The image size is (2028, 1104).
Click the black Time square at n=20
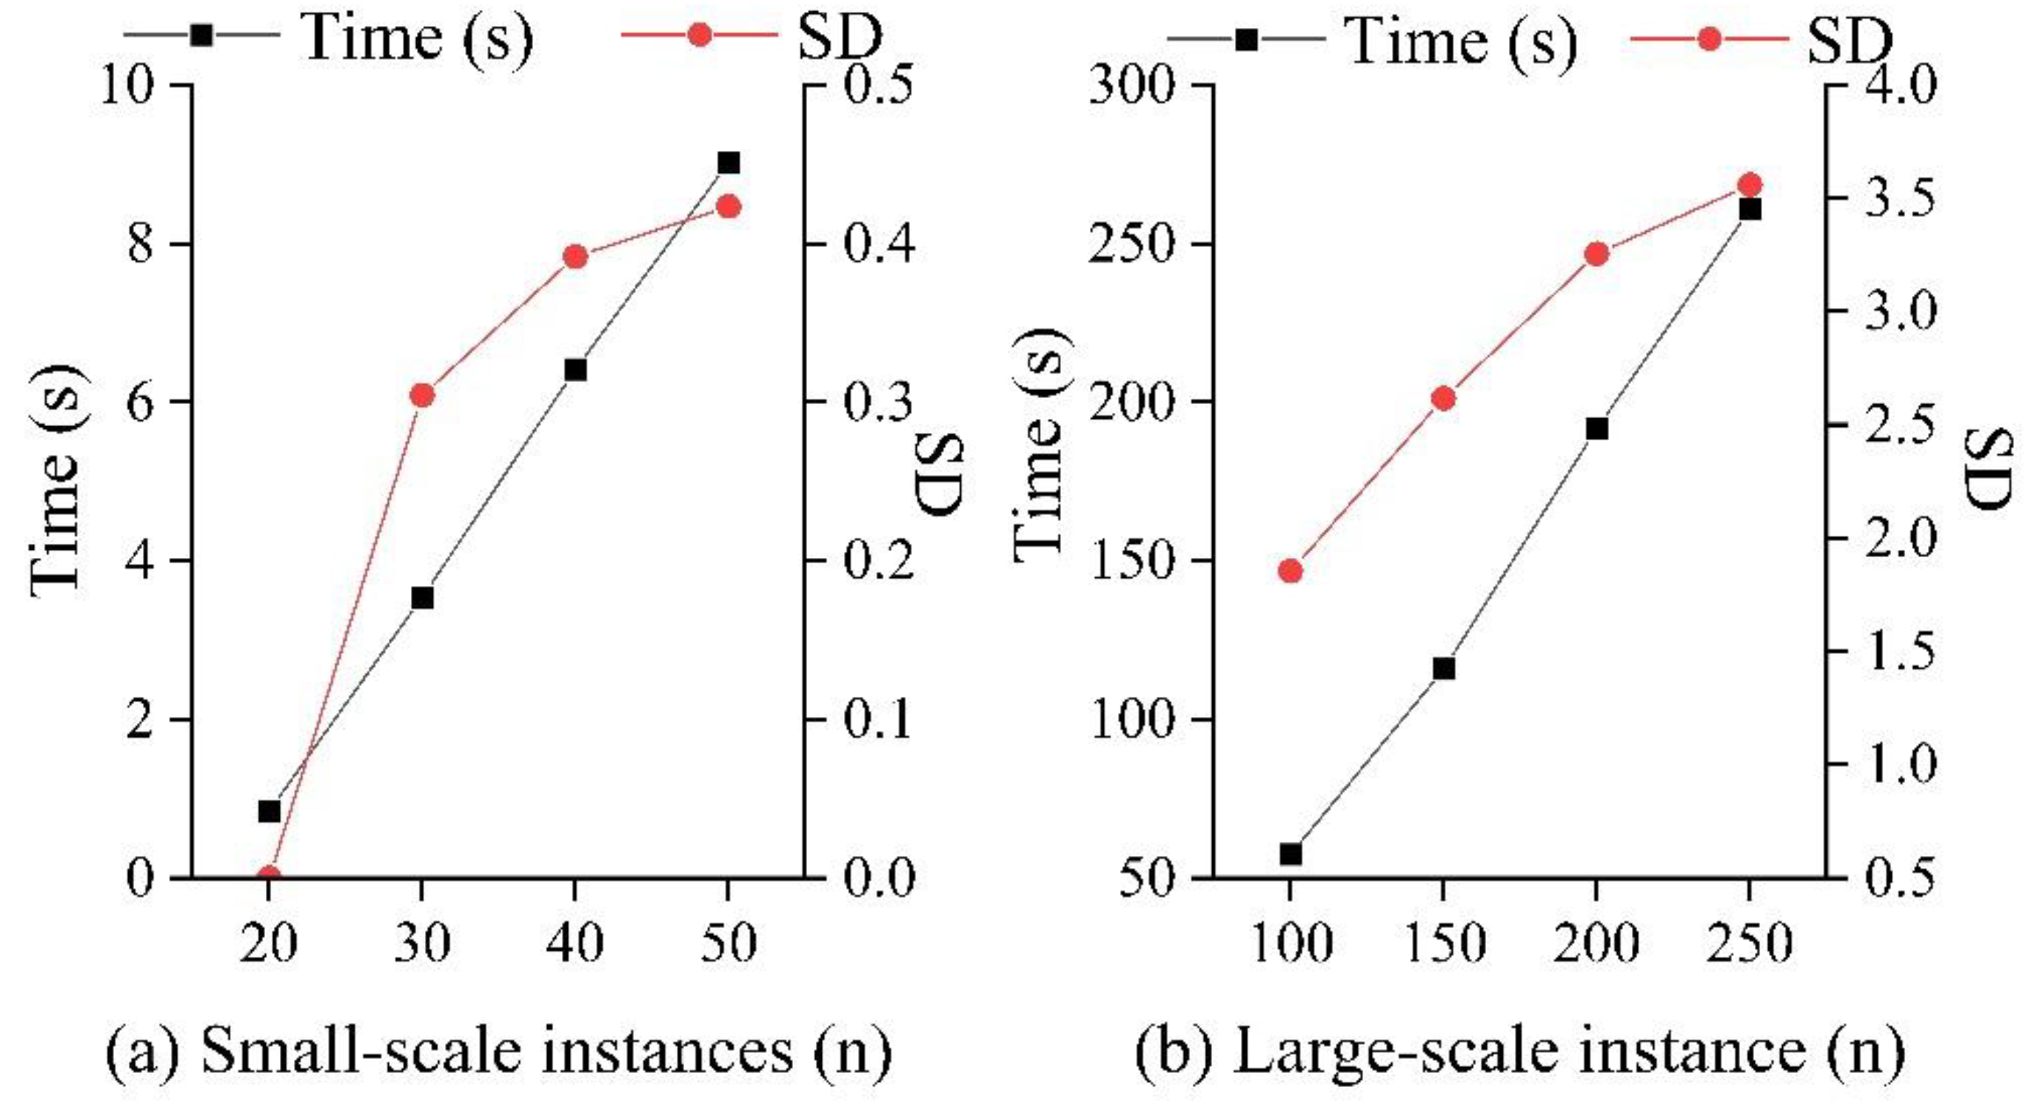click(270, 811)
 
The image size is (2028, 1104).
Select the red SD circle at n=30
click(422, 395)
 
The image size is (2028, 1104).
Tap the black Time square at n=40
click(575, 370)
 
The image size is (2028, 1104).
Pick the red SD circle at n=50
click(729, 207)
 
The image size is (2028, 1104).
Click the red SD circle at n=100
click(1291, 571)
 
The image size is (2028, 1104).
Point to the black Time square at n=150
click(1443, 669)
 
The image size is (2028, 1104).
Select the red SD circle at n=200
click(1596, 254)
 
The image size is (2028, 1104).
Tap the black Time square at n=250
click(1750, 209)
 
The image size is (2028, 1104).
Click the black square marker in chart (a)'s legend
click(202, 36)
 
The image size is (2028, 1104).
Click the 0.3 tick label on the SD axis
click(879, 400)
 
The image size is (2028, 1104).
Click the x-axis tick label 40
click(575, 942)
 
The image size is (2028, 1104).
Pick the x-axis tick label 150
click(1443, 942)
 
